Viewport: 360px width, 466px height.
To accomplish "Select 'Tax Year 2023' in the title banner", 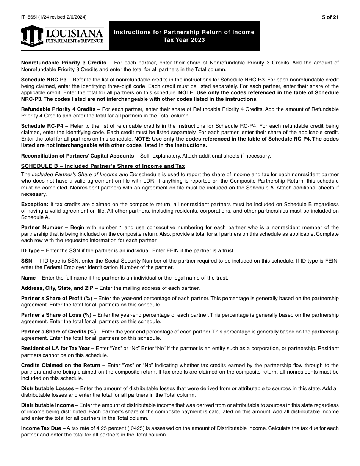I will (x=184, y=40).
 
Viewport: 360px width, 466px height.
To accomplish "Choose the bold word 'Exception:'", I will (x=34, y=204).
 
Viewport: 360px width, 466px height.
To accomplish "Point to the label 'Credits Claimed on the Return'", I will (x=63, y=365).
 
